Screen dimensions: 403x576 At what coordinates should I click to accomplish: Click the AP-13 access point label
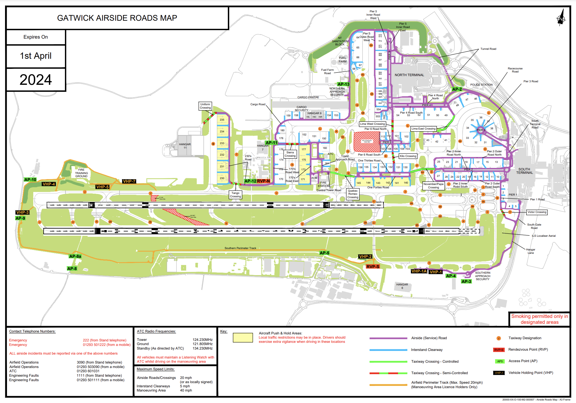(x=343, y=84)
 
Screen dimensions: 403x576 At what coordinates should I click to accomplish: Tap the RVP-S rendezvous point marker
(x=373, y=267)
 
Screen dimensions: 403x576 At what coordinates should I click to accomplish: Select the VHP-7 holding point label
(x=129, y=181)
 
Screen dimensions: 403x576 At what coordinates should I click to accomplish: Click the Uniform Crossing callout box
(x=205, y=106)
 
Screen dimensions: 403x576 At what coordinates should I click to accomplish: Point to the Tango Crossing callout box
(x=235, y=195)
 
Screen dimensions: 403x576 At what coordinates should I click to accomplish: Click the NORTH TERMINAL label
(x=409, y=75)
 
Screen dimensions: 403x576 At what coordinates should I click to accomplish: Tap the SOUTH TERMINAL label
(x=524, y=171)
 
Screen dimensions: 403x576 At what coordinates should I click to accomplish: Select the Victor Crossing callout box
(x=537, y=212)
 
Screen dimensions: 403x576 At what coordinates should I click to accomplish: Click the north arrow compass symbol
(x=561, y=18)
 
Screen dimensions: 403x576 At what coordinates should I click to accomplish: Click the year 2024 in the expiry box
(x=36, y=80)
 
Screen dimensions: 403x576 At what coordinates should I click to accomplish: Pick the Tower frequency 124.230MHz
(x=202, y=340)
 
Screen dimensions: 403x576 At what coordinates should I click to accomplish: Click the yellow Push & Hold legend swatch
(x=243, y=338)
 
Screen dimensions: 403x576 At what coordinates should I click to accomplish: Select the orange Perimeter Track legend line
(x=388, y=385)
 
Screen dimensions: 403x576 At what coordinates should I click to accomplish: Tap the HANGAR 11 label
(x=185, y=146)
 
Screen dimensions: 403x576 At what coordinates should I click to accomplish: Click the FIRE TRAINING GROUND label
(x=81, y=173)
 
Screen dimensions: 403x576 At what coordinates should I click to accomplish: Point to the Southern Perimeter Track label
(x=240, y=248)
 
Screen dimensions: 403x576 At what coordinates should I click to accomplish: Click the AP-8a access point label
(x=75, y=256)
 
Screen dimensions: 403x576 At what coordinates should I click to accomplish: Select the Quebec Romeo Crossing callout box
(x=353, y=194)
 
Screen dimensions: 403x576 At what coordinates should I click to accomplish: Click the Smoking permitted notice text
(x=539, y=319)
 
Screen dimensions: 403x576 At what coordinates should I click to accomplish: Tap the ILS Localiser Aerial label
(x=544, y=236)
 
